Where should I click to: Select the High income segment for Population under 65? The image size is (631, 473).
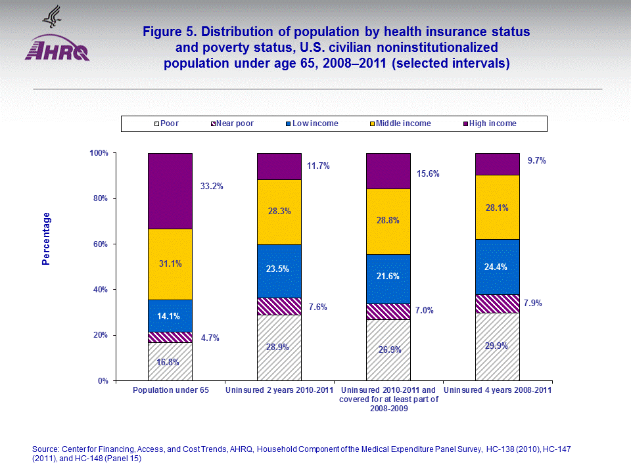tap(170, 191)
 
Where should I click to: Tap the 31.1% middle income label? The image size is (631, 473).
tap(170, 263)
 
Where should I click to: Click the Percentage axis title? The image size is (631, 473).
tap(46, 238)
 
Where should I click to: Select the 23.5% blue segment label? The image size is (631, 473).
tap(279, 268)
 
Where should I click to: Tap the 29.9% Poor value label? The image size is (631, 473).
tap(497, 346)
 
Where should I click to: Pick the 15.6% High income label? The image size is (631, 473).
tap(429, 174)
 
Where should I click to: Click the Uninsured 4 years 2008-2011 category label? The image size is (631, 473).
tap(498, 391)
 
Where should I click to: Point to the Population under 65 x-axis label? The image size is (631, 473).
tap(170, 391)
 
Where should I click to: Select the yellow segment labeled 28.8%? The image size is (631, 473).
tap(388, 221)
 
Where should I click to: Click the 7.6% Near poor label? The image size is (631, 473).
tap(318, 307)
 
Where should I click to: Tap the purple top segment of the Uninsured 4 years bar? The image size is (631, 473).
tap(497, 164)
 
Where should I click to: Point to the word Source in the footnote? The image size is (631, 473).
tap(46, 449)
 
